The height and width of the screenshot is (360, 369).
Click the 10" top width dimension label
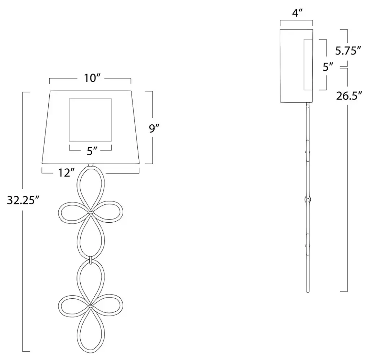(92, 78)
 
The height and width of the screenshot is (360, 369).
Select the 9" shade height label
(154, 128)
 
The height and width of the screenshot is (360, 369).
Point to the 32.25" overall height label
(22, 200)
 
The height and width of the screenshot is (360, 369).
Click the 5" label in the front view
(92, 151)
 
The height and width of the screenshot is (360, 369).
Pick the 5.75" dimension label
(348, 51)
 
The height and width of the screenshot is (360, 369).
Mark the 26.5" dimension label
(349, 96)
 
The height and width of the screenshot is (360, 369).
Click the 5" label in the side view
(328, 67)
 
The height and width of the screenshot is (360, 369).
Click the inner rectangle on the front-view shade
(69, 120)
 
